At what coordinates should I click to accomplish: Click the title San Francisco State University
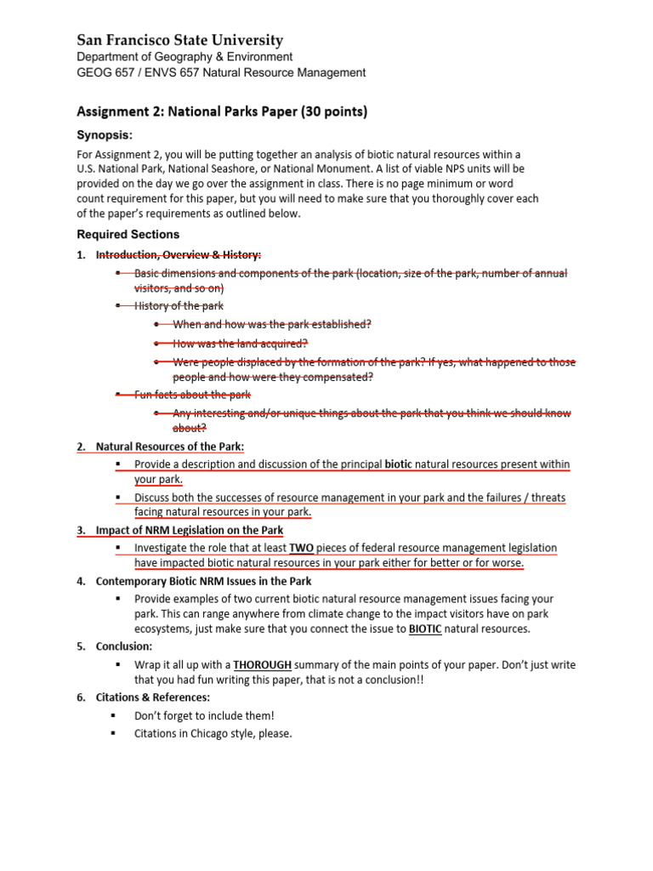pyautogui.click(x=180, y=40)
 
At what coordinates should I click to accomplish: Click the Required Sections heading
pyautogui.click(x=128, y=234)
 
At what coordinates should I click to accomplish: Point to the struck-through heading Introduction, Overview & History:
pyautogui.click(x=179, y=254)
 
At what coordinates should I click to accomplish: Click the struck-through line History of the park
pyautogui.click(x=179, y=305)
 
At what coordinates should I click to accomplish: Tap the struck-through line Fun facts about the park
pyautogui.click(x=192, y=395)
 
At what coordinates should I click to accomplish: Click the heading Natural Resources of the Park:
pyautogui.click(x=170, y=447)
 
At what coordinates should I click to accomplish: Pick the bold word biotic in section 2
pyautogui.click(x=398, y=465)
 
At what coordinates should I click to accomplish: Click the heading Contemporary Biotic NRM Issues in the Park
pyautogui.click(x=204, y=582)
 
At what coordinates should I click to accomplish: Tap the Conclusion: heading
pyautogui.click(x=124, y=646)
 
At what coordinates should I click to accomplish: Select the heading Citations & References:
pyautogui.click(x=153, y=697)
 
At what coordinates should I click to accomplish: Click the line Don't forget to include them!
pyautogui.click(x=204, y=716)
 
